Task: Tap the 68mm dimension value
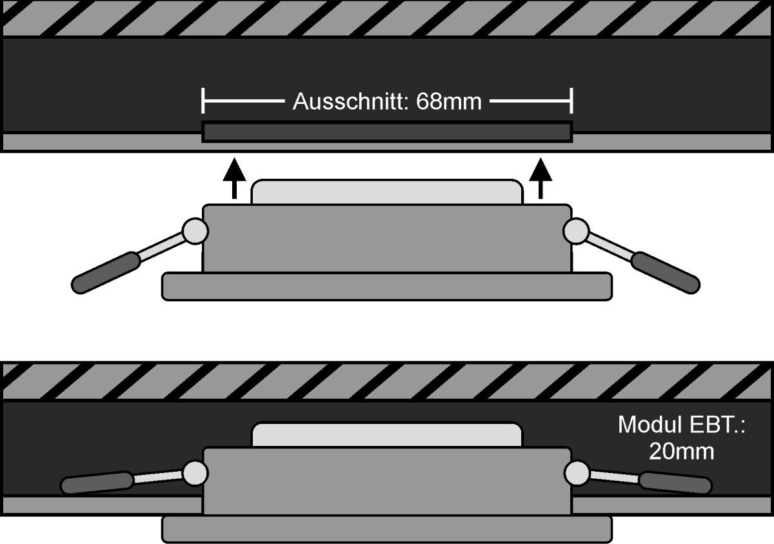coord(449,102)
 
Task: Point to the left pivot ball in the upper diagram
coord(194,230)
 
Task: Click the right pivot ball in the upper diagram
coord(575,230)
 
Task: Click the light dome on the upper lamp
coord(387,192)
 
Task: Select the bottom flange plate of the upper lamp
coord(387,286)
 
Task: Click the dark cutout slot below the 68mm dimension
coord(387,132)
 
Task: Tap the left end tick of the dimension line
coord(203,102)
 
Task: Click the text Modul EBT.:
coord(681,425)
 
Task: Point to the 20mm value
coord(681,452)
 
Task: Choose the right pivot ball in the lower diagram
coord(575,474)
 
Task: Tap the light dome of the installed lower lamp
coord(387,435)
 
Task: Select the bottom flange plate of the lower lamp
coord(387,529)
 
